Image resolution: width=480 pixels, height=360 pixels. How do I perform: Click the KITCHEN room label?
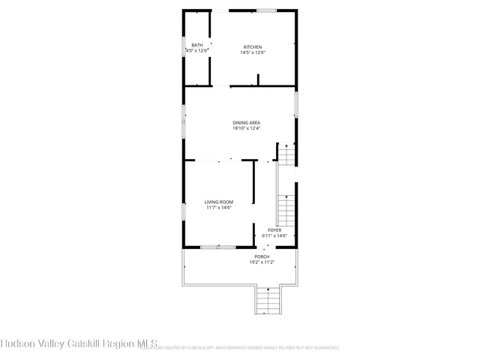pyautogui.click(x=251, y=46)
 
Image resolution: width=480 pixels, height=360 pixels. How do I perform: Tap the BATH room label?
pyautogui.click(x=196, y=45)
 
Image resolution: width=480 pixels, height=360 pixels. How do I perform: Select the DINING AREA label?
pyautogui.click(x=246, y=122)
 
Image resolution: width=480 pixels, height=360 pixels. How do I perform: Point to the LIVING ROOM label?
pyautogui.click(x=219, y=201)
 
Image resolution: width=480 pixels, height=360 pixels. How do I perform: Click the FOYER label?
pyautogui.click(x=274, y=229)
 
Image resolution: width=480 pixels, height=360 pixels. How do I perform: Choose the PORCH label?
pyautogui.click(x=262, y=256)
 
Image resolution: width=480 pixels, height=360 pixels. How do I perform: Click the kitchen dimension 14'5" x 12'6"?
pyautogui.click(x=251, y=52)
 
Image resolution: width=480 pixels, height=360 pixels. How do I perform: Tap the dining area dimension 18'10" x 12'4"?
pyautogui.click(x=246, y=128)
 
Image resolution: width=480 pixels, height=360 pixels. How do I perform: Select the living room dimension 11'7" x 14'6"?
pyautogui.click(x=219, y=207)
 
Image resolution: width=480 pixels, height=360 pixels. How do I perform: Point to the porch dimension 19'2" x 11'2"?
pyautogui.click(x=262, y=262)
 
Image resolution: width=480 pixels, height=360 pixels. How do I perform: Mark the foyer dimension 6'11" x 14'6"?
pyautogui.click(x=274, y=235)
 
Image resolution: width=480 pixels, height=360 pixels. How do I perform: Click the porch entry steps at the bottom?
pyautogui.click(x=268, y=301)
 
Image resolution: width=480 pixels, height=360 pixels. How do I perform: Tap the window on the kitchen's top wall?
pyautogui.click(x=266, y=10)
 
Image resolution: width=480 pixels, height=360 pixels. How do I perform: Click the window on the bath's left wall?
pyautogui.click(x=184, y=49)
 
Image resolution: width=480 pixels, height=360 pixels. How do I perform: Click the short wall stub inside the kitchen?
pyautogui.click(x=258, y=80)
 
